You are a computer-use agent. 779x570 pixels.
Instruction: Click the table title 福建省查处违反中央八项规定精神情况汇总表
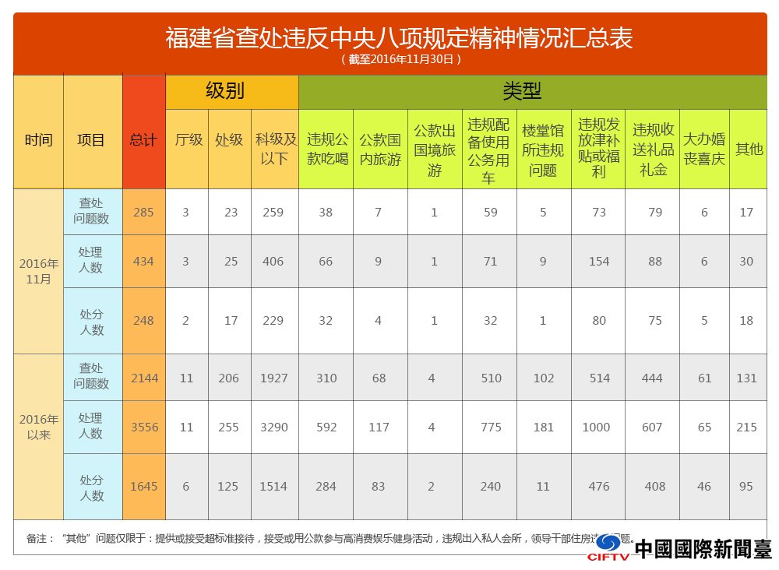click(x=398, y=37)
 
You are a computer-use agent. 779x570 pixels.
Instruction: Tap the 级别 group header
click(x=225, y=91)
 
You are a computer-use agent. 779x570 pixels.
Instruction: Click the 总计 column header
click(x=143, y=141)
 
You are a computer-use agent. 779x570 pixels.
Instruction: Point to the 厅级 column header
click(x=188, y=140)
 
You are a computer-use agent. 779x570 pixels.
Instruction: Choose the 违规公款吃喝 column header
click(x=327, y=149)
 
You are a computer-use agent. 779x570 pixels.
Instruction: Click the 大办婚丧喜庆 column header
click(x=704, y=149)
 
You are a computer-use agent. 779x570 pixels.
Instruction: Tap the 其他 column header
click(x=749, y=149)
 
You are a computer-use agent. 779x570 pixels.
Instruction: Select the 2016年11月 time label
click(x=39, y=270)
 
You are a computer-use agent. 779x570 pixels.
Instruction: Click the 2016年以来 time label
click(x=39, y=427)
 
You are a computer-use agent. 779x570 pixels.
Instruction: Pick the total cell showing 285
click(x=143, y=212)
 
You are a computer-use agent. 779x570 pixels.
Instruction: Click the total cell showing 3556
click(x=143, y=427)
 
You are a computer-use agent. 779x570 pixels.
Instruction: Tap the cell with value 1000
click(x=597, y=427)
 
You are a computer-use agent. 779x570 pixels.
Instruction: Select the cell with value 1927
click(x=273, y=378)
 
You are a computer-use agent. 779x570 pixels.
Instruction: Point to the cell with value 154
click(x=597, y=262)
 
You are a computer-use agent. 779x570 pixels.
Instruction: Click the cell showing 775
click(x=490, y=427)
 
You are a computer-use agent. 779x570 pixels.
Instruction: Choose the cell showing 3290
click(x=273, y=427)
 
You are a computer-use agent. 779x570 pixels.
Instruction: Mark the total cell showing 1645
click(x=143, y=486)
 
